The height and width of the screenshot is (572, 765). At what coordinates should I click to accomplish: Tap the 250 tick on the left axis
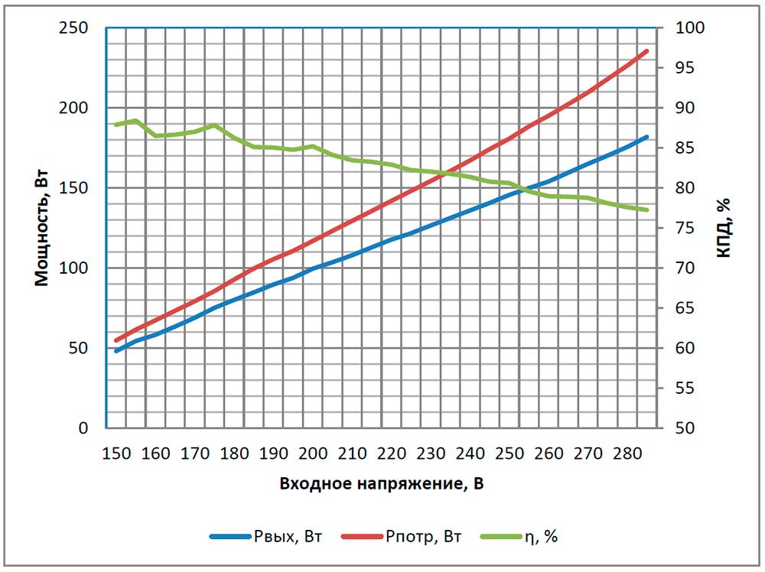[x=80, y=28]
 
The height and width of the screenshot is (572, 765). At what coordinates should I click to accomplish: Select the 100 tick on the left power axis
[x=80, y=268]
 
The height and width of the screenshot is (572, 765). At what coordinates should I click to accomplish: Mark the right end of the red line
[x=647, y=51]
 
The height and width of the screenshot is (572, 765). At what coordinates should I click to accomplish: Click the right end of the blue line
[x=647, y=137]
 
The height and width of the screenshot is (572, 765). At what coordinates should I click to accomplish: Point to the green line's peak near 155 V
[x=135, y=121]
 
